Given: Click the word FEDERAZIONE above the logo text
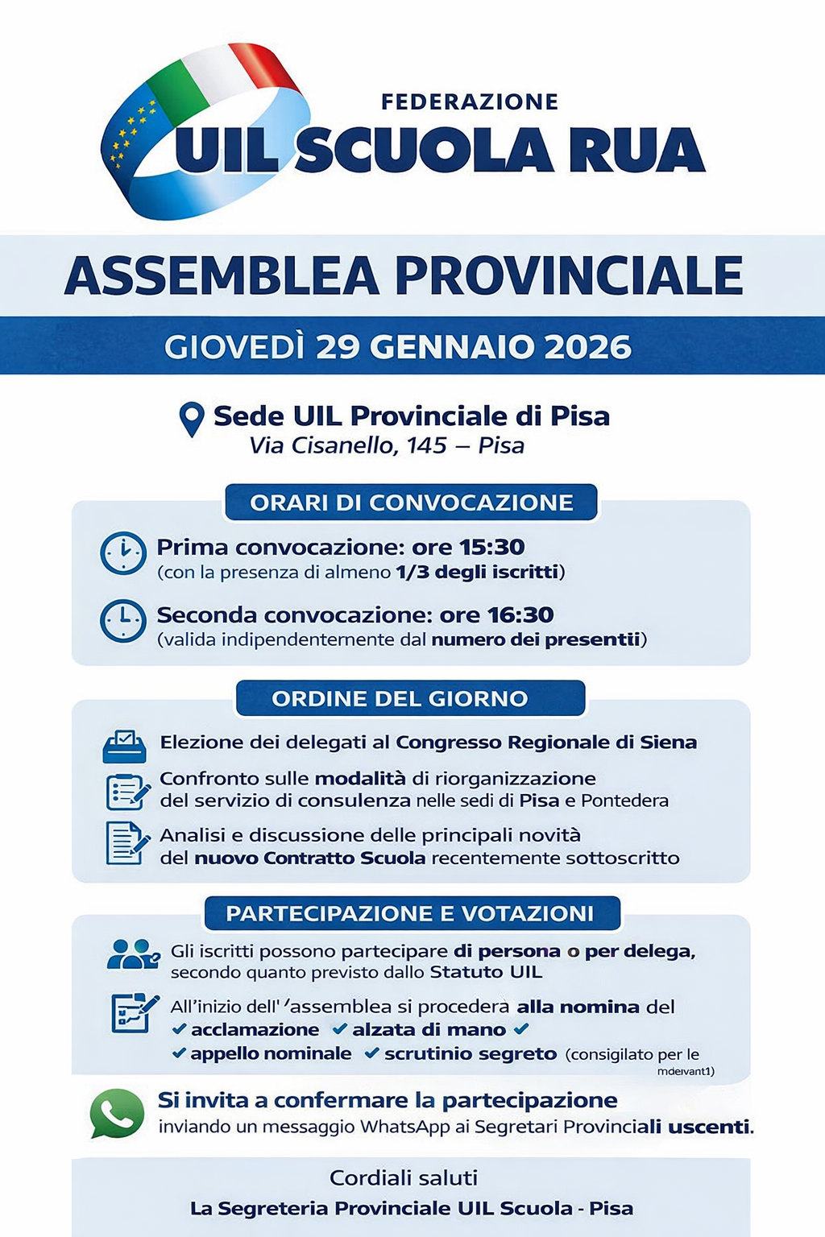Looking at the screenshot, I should pyautogui.click(x=470, y=102).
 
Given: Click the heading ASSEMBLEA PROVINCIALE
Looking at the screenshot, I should pyautogui.click(x=404, y=276).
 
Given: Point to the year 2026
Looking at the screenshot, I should pyautogui.click(x=587, y=347).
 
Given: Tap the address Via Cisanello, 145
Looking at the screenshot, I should pyautogui.click(x=348, y=445).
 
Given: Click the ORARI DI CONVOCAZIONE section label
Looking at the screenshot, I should pyautogui.click(x=412, y=503).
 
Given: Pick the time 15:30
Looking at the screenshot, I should pyautogui.click(x=492, y=548).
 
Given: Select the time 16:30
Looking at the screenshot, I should pyautogui.click(x=521, y=615).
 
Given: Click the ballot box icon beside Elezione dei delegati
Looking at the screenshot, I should pyautogui.click(x=125, y=746).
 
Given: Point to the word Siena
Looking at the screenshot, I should pyautogui.click(x=669, y=742).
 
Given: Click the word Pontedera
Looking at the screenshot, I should pyautogui.click(x=624, y=801).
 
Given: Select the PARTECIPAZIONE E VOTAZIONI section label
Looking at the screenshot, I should pyautogui.click(x=410, y=913).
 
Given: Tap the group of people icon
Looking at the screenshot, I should pyautogui.click(x=132, y=954).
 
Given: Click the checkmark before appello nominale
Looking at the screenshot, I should pyautogui.click(x=180, y=1053).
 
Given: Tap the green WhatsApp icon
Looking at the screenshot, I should pyautogui.click(x=117, y=1113).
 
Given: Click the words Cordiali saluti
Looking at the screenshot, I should pyautogui.click(x=404, y=1178).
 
